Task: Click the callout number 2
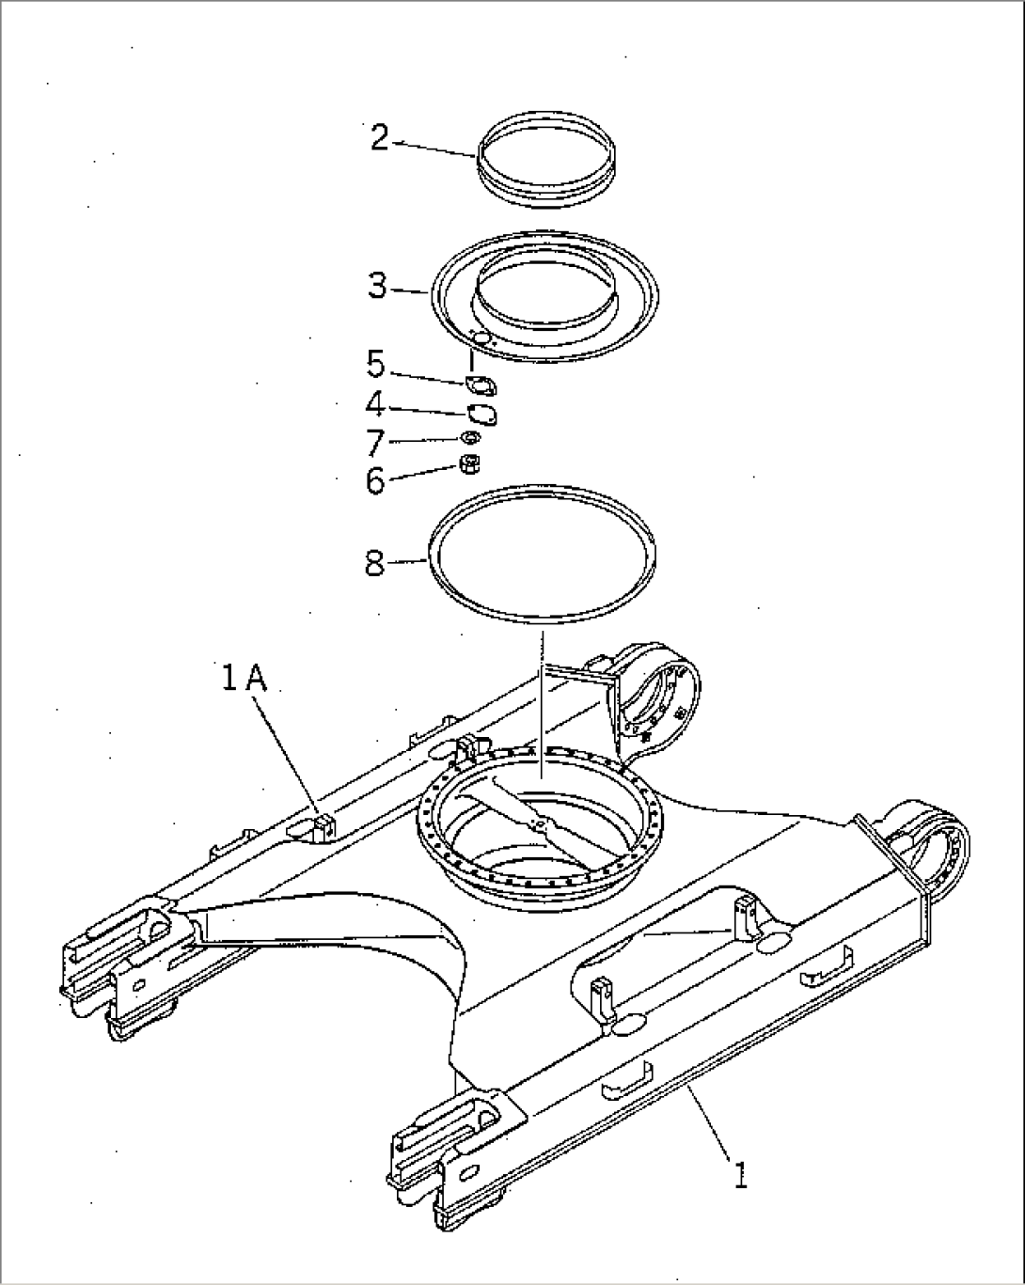coord(379,138)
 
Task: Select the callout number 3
coord(377,286)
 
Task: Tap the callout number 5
coord(375,363)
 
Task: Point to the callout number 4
coord(375,404)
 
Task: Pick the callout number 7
coord(375,441)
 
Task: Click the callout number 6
coord(375,480)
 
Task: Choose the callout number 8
coord(374,564)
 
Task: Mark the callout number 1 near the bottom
coord(741,1174)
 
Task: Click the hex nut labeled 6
coord(470,463)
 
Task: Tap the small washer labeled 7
coord(470,438)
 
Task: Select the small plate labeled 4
coord(483,414)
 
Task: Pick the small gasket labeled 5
coord(481,384)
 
